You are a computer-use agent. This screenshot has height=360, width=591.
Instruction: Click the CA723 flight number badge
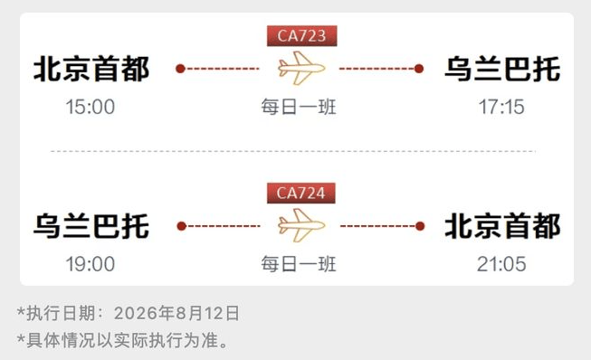point(302,36)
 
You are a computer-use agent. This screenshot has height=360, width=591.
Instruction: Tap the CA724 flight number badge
point(301,194)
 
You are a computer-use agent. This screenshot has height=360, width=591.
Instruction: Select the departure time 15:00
point(91,107)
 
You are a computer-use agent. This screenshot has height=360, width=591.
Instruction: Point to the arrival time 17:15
point(501,107)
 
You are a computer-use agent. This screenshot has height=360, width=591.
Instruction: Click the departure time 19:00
point(91,264)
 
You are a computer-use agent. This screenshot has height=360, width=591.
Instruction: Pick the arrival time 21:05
point(501,264)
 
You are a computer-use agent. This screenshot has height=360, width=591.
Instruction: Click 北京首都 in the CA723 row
point(91,69)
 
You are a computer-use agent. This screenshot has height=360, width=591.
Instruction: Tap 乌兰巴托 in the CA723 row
point(502,69)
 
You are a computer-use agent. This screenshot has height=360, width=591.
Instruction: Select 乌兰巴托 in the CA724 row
point(91,226)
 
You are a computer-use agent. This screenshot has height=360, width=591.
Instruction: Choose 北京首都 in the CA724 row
point(502,226)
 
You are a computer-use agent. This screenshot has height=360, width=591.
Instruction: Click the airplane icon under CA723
point(301,68)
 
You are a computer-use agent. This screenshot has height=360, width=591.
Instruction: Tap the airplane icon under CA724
point(301,225)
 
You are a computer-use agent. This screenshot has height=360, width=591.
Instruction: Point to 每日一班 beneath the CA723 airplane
point(299,107)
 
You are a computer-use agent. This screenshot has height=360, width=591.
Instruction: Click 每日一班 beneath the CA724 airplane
point(299,264)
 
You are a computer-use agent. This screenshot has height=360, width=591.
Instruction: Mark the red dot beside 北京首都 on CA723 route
point(180,69)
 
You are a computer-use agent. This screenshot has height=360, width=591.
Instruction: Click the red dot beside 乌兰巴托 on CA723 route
point(419,69)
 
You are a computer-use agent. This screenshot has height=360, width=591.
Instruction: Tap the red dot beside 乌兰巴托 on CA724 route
point(182,226)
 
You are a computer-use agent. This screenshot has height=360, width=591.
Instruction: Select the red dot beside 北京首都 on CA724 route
point(420,226)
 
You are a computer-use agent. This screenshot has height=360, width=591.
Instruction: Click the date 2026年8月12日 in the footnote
point(176,313)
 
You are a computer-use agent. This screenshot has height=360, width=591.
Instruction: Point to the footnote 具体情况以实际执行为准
point(127,340)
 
